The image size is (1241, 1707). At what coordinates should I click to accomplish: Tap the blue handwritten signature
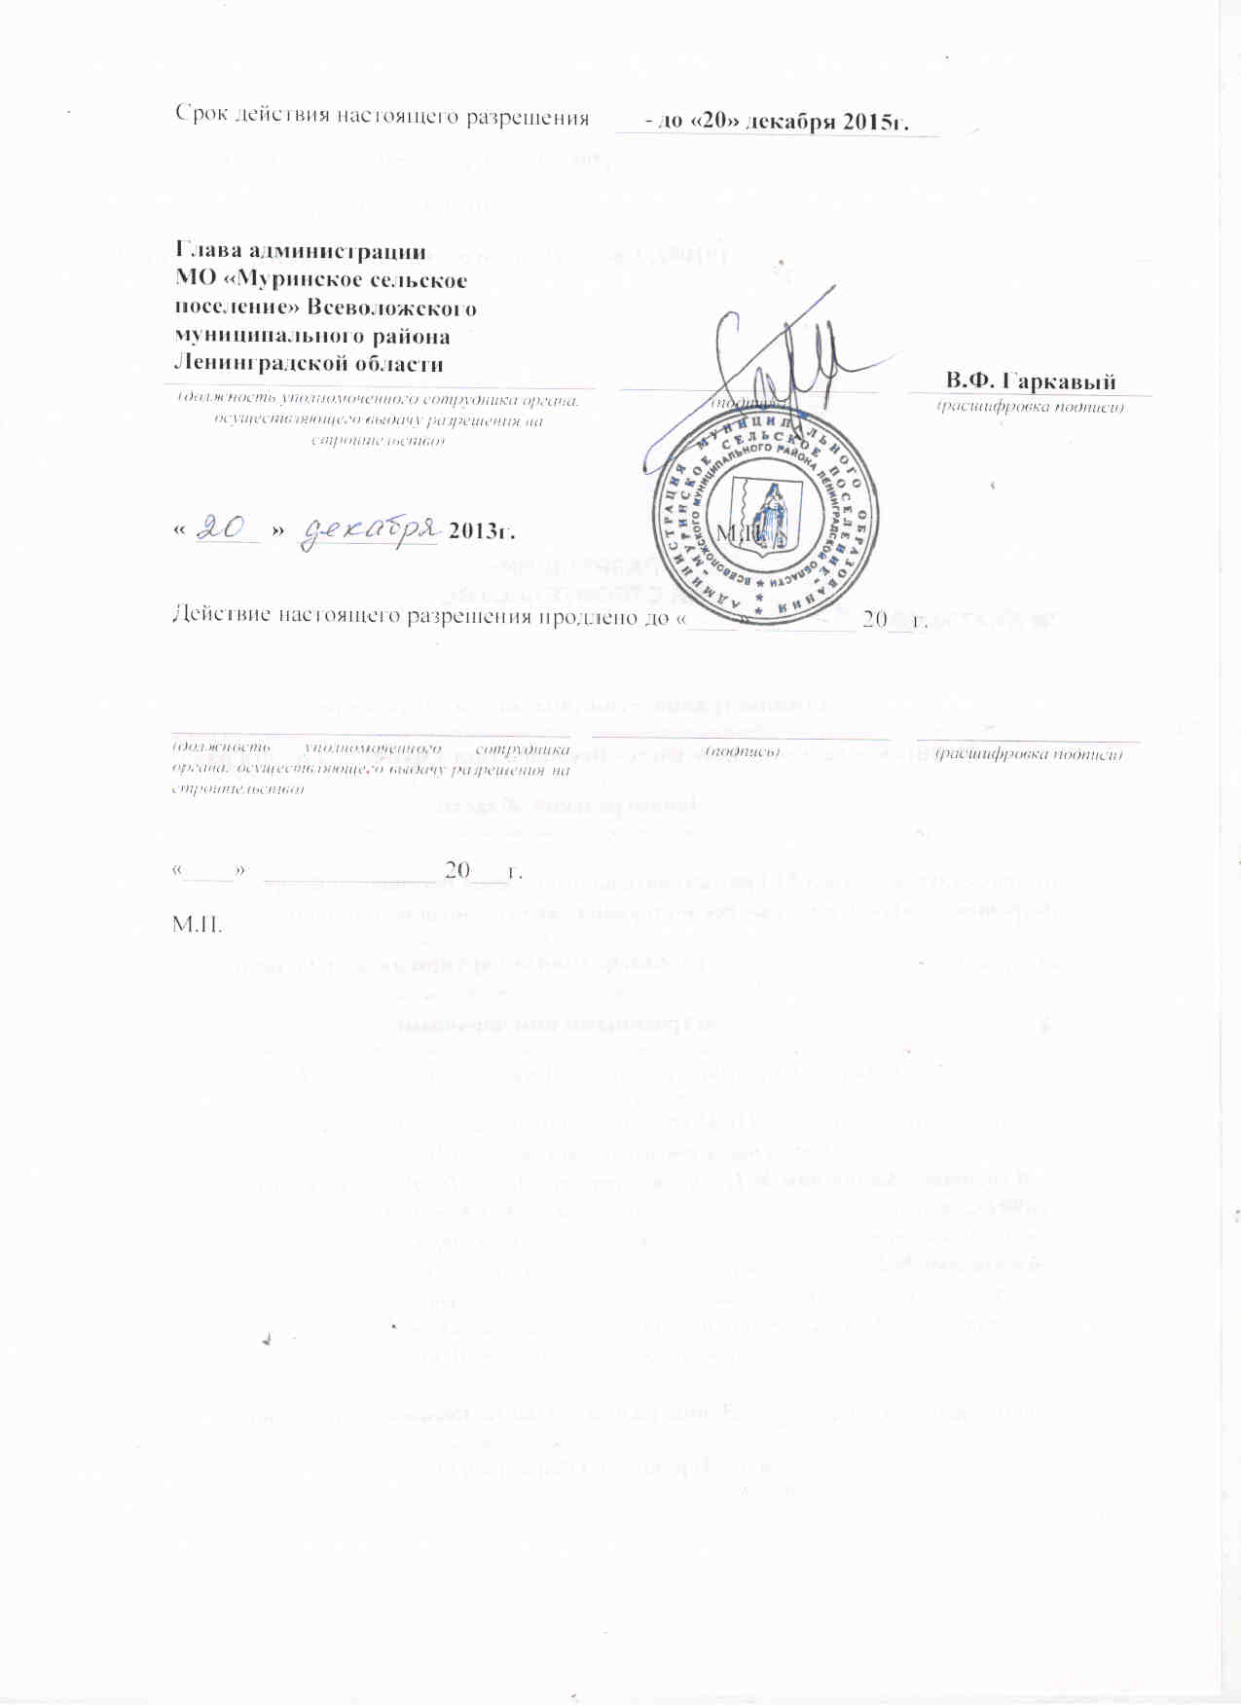point(779,355)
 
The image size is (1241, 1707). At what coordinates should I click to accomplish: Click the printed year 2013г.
point(481,531)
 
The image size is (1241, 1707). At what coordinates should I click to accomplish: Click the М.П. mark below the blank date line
point(197,923)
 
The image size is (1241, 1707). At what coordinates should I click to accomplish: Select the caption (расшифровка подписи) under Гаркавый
point(1030,407)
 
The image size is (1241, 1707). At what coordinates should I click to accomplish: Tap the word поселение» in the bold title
point(236,309)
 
